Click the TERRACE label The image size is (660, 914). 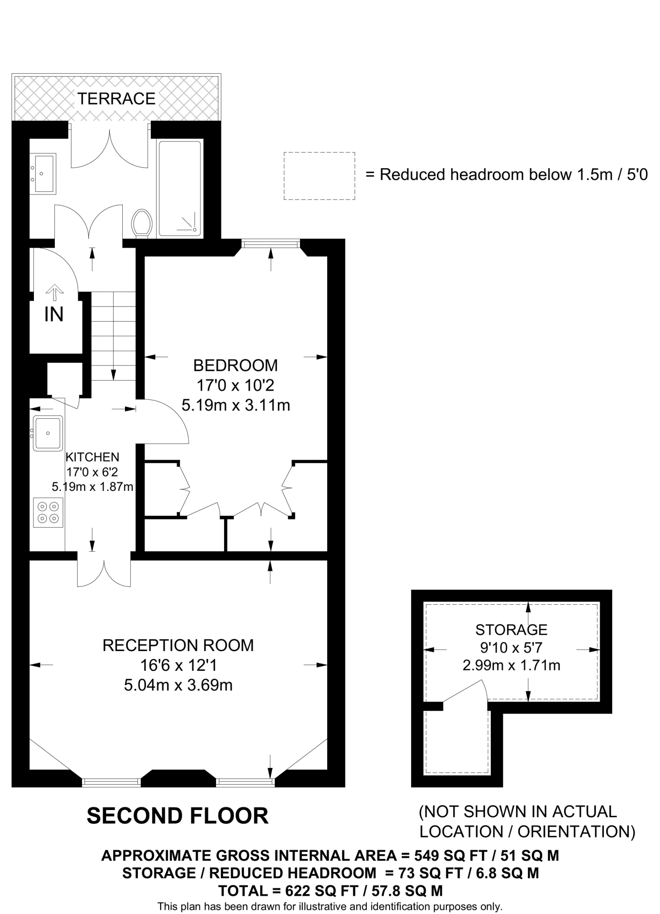116,98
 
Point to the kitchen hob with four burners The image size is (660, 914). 48,512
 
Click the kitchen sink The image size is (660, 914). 48,433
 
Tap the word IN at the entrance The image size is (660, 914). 54,315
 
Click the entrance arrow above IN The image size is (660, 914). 55,292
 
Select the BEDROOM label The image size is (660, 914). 235,366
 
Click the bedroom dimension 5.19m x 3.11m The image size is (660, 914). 236,405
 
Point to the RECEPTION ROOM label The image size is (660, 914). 178,645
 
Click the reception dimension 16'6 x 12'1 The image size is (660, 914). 178,665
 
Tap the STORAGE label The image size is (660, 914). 511,630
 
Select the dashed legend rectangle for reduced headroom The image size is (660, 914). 319,176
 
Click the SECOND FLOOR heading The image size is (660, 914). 178,816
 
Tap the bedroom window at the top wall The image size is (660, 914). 270,244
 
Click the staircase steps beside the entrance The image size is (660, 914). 113,335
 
